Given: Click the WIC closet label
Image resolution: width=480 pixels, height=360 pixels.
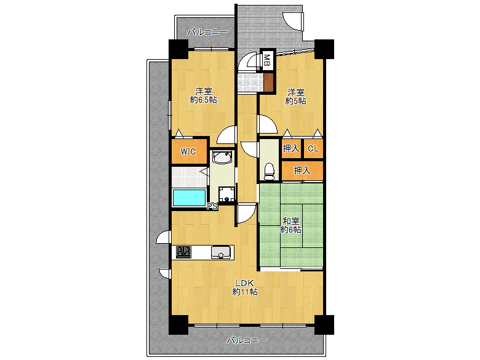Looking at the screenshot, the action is tap(188, 151).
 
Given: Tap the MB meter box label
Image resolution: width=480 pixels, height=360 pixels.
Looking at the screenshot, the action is tap(267, 60).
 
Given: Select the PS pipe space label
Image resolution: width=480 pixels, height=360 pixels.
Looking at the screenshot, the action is tap(212, 206).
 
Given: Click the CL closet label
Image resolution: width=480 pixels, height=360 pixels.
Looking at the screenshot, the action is tap(313, 149).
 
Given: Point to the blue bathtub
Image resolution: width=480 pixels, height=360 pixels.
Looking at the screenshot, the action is tap(189, 198).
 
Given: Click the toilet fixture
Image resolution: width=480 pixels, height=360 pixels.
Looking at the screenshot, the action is tap(269, 172).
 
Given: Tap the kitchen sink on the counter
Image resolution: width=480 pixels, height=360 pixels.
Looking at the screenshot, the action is tap(221, 252).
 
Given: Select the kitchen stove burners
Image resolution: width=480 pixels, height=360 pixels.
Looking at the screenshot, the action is tap(183, 252).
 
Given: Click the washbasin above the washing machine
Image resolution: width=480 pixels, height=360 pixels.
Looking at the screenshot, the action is tap(223, 158).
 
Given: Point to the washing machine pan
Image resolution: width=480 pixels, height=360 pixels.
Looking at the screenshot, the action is tap(226, 194).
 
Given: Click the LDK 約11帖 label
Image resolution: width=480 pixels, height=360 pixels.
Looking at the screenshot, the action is tap(244, 287).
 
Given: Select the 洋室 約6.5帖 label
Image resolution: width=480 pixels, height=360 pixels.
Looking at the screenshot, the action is tap(203, 95).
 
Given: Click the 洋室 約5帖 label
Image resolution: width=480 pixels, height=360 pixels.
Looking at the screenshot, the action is tap(295, 97).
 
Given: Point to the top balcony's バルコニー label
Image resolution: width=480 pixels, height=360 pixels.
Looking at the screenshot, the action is tap(207, 32).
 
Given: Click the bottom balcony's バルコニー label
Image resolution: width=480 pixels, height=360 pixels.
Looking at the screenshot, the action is tap(247, 340).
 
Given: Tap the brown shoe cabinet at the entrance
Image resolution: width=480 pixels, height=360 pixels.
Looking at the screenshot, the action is tap(268, 82).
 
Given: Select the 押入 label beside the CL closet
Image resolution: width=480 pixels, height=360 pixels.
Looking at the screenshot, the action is tap(291, 148).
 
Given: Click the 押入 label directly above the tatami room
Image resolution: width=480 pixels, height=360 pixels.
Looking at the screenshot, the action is tap(302, 170).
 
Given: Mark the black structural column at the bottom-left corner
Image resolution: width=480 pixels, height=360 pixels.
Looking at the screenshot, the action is tap(178, 325).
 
